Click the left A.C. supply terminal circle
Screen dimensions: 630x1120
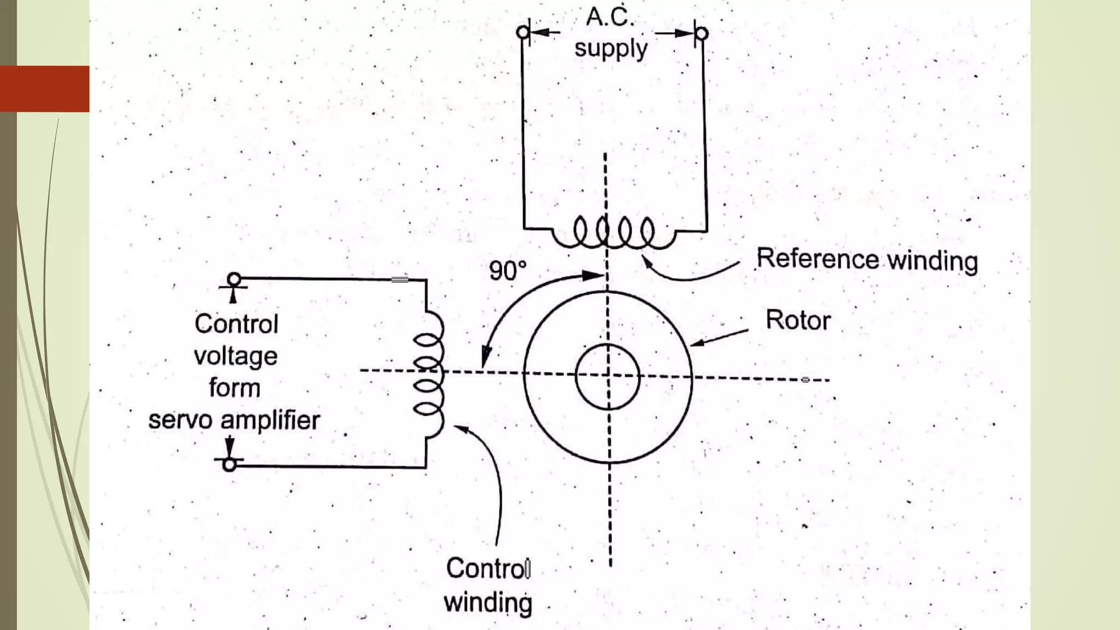pyautogui.click(x=523, y=32)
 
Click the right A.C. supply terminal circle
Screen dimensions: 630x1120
pyautogui.click(x=702, y=34)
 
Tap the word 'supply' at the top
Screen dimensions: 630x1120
pyautogui.click(x=611, y=49)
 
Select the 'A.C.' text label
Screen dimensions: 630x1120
pyautogui.click(x=610, y=17)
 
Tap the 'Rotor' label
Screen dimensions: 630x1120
pyautogui.click(x=798, y=320)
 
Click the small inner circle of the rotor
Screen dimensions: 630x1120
pyautogui.click(x=608, y=376)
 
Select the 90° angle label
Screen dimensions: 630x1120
pyautogui.click(x=507, y=271)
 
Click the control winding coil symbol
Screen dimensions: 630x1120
pyautogui.click(x=429, y=375)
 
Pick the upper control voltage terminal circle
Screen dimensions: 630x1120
pyautogui.click(x=234, y=279)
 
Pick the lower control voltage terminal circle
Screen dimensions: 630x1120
pyautogui.click(x=230, y=464)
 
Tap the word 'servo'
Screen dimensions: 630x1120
pyautogui.click(x=180, y=421)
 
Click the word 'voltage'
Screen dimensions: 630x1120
pyautogui.click(x=236, y=356)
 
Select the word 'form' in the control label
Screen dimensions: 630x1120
pyautogui.click(x=235, y=388)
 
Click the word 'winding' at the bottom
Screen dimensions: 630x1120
pyautogui.click(x=488, y=603)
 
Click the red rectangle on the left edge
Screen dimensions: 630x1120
pyautogui.click(x=44, y=89)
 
